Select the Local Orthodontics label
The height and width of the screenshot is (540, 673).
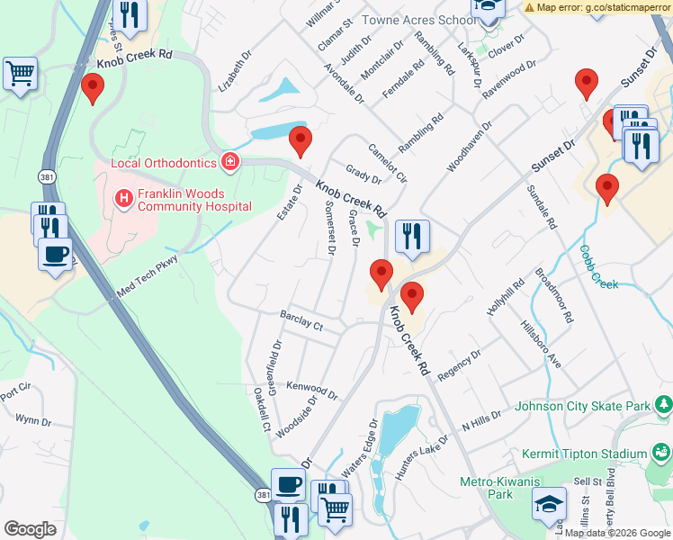pyautogui.click(x=164, y=163)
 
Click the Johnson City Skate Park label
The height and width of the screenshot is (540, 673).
pyautogui.click(x=582, y=406)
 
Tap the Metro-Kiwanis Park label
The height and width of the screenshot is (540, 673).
pyautogui.click(x=487, y=488)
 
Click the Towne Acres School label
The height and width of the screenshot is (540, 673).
pyautogui.click(x=419, y=20)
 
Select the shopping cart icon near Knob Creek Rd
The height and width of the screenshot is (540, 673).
pyautogui.click(x=20, y=75)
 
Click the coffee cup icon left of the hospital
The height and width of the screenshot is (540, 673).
pyautogui.click(x=56, y=254)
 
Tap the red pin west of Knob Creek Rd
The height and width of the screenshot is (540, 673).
pyautogui.click(x=92, y=88)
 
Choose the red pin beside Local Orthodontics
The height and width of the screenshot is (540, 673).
pyautogui.click(x=300, y=141)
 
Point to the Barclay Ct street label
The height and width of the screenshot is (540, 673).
pyautogui.click(x=301, y=322)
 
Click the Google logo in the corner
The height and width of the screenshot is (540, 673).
pyautogui.click(x=30, y=529)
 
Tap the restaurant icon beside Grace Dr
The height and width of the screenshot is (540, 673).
pyautogui.click(x=411, y=237)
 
